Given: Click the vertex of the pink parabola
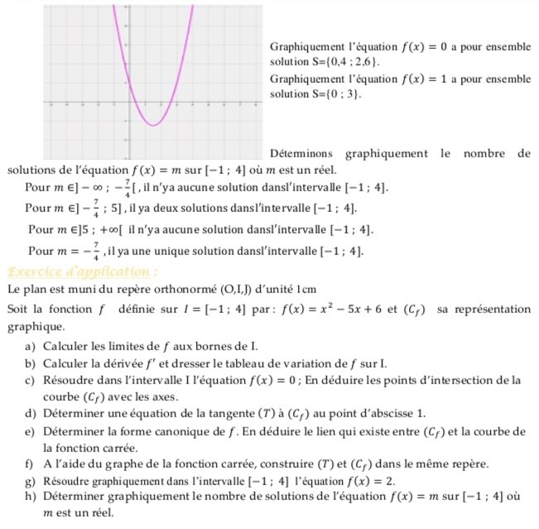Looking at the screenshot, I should click(153, 125).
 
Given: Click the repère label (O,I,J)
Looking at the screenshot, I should click(240, 289).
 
